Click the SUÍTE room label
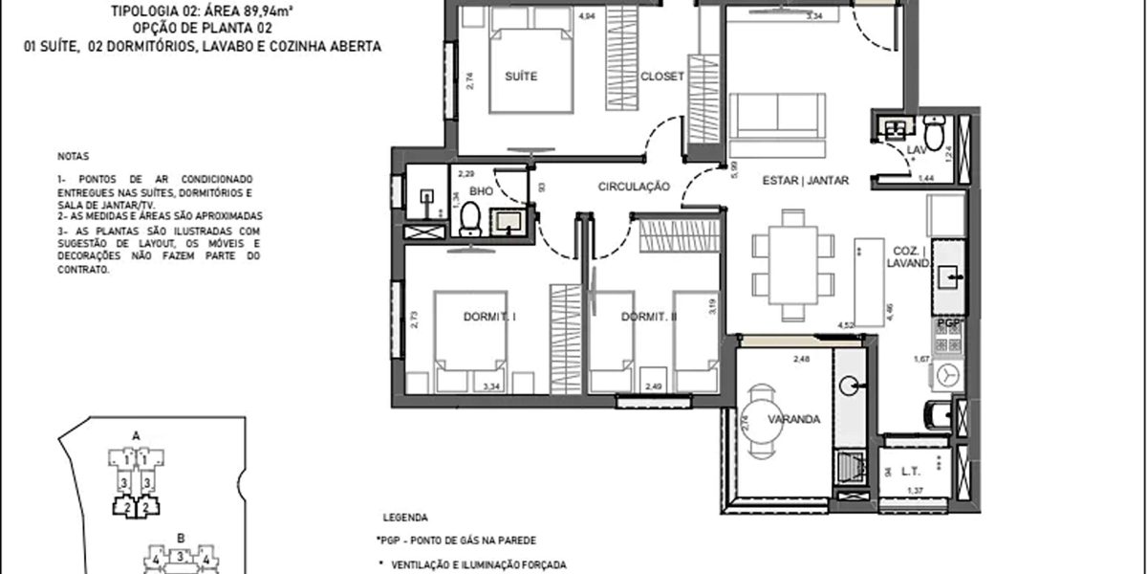[521, 77]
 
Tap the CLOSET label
[661, 77]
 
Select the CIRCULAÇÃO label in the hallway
[634, 187]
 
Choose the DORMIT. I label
[489, 317]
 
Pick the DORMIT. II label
[648, 317]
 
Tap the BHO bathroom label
[481, 191]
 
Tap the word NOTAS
[71, 155]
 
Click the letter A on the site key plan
[136, 435]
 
